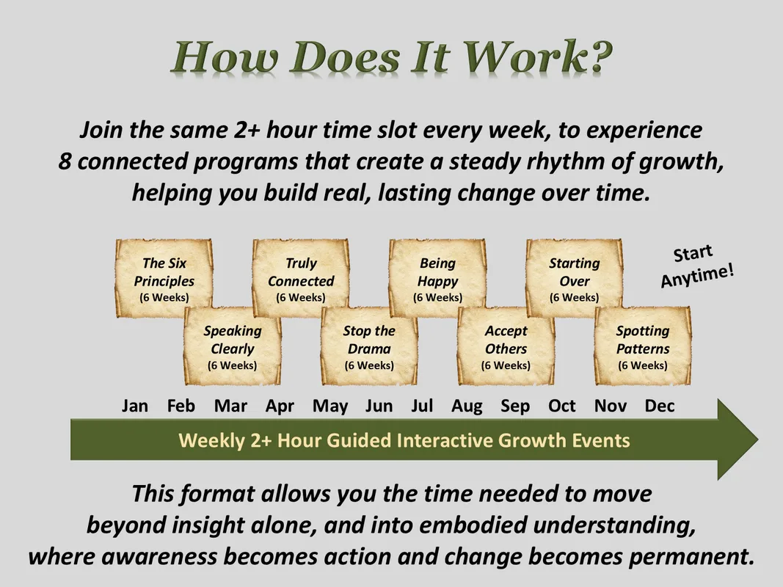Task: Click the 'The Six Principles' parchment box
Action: click(x=164, y=278)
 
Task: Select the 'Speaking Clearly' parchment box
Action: click(x=233, y=346)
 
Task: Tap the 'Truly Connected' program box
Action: click(x=301, y=278)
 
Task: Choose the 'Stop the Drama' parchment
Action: click(x=370, y=346)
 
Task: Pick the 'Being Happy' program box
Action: click(x=438, y=278)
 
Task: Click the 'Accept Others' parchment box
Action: click(x=506, y=346)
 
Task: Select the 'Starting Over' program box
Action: click(x=575, y=278)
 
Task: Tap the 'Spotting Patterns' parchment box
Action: click(x=643, y=346)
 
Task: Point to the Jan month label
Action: click(x=135, y=406)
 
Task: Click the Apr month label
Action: click(x=280, y=406)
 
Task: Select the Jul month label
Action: click(x=422, y=406)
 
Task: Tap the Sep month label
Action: click(x=515, y=406)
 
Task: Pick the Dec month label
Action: click(x=660, y=406)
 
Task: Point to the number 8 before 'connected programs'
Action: click(x=65, y=161)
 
